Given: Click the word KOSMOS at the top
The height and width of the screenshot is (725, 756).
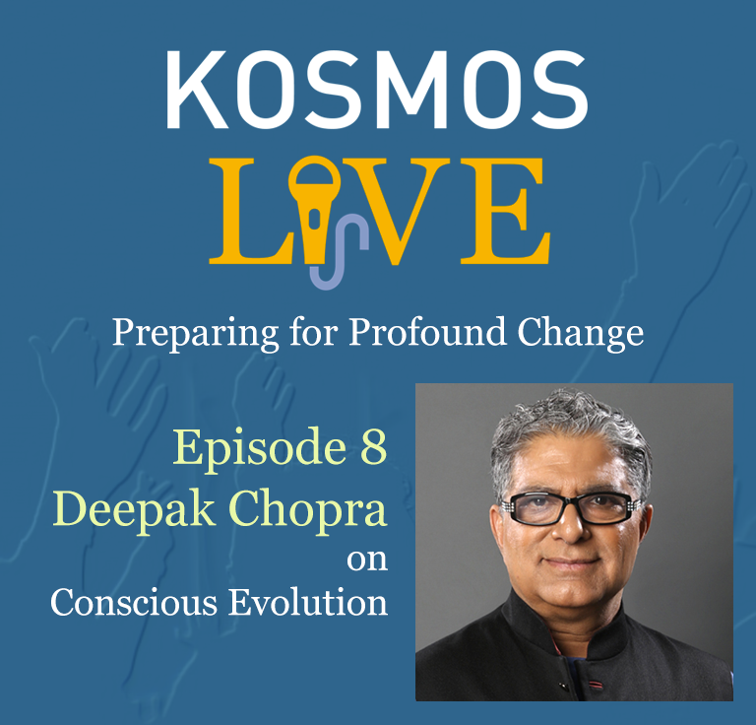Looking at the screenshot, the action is click(377, 90).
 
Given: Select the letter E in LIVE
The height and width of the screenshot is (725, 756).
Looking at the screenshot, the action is click(505, 211).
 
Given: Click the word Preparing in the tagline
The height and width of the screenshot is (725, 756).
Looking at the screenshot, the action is click(195, 334).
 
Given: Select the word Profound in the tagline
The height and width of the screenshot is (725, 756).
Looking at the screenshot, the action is click(427, 332).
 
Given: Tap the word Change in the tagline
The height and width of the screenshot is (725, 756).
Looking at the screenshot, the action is click(581, 334).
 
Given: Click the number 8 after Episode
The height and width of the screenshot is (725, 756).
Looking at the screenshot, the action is click(374, 446).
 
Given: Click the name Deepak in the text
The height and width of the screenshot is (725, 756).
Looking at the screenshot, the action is click(134, 511).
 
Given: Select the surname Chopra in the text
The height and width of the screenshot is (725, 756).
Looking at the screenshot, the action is click(307, 511).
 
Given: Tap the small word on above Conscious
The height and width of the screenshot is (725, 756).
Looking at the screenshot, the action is click(367, 560).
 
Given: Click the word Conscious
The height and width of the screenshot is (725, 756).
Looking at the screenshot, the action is click(134, 603).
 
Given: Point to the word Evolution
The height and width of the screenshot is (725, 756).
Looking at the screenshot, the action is click(307, 603).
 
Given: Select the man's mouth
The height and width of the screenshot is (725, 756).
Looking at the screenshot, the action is click(572, 562).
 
